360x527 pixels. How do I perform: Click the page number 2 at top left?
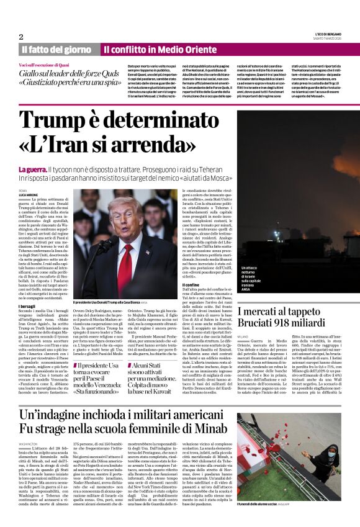click(21, 36)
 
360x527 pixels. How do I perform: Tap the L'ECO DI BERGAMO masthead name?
click(327, 33)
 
